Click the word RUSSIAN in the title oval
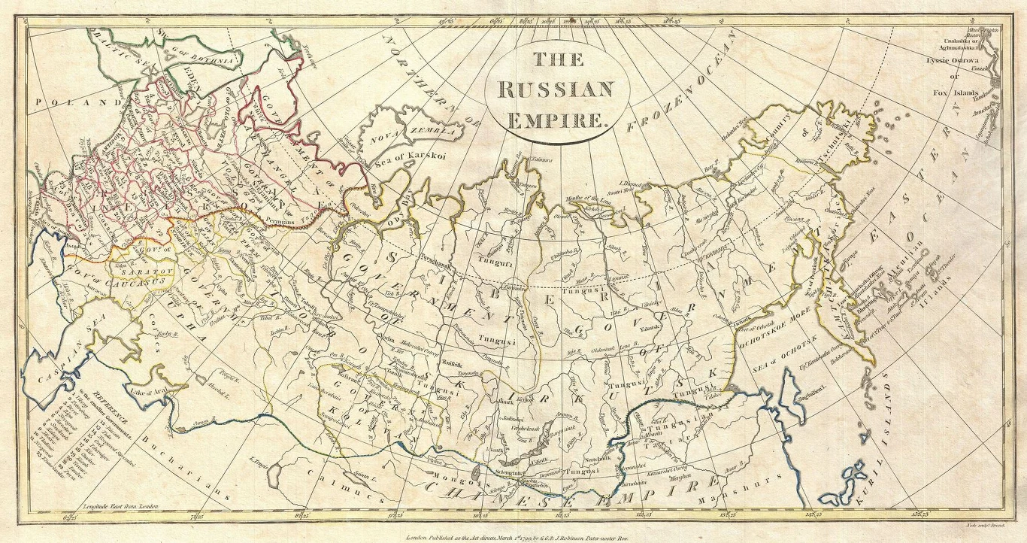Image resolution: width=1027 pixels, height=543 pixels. [x=556, y=90]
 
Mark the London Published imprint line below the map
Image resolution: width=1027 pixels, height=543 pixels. [x=527, y=537]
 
